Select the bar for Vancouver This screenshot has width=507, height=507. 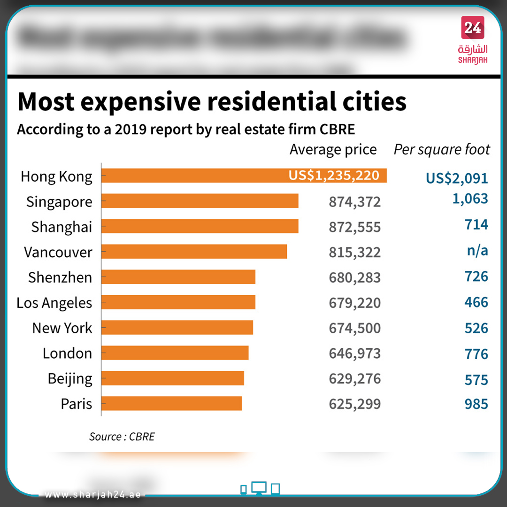pyautogui.click(x=194, y=252)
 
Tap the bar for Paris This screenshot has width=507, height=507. pyautogui.click(x=171, y=404)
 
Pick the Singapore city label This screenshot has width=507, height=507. pyautogui.click(x=59, y=202)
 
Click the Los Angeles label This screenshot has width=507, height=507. pyautogui.click(x=54, y=303)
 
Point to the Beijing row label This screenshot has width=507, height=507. pyautogui.click(x=70, y=379)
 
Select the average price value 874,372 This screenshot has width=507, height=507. pyautogui.click(x=354, y=202)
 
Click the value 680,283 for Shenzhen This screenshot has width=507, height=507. pyautogui.click(x=354, y=277)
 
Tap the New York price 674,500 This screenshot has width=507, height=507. pyautogui.click(x=354, y=328)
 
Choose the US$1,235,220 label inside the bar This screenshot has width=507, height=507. pyautogui.click(x=334, y=176)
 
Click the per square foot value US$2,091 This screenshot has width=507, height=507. pyautogui.click(x=457, y=178)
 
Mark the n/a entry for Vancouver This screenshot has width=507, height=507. pyautogui.click(x=477, y=251)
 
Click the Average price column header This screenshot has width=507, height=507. pyautogui.click(x=333, y=150)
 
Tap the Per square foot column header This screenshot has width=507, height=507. pyautogui.click(x=441, y=150)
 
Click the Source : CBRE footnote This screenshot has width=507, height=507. pyautogui.click(x=122, y=437)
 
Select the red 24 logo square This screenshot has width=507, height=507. pyautogui.click(x=473, y=28)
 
